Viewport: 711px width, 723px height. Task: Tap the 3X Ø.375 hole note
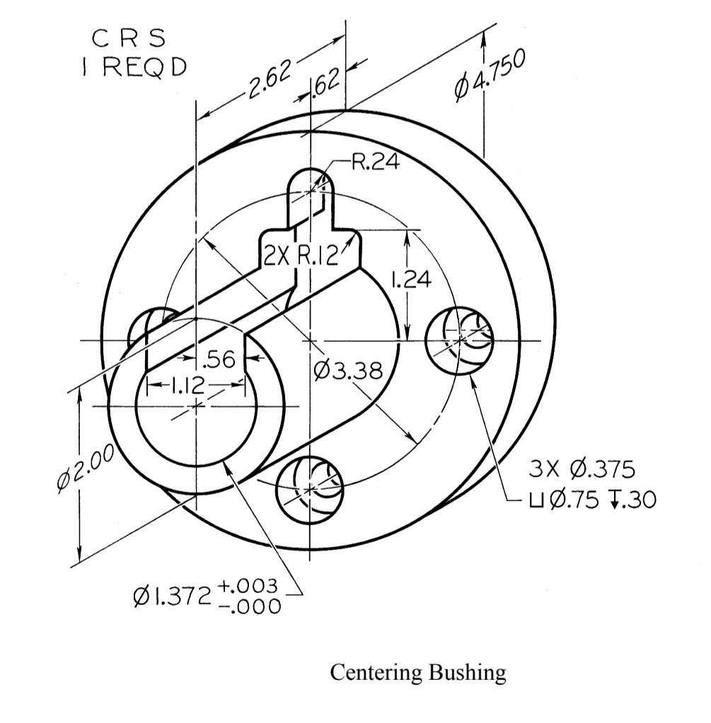coord(582,469)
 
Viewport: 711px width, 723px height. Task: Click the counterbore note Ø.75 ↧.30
coord(591,500)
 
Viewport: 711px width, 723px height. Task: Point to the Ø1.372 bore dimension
coord(172,597)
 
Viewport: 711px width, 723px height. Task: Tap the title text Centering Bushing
coord(418,672)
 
